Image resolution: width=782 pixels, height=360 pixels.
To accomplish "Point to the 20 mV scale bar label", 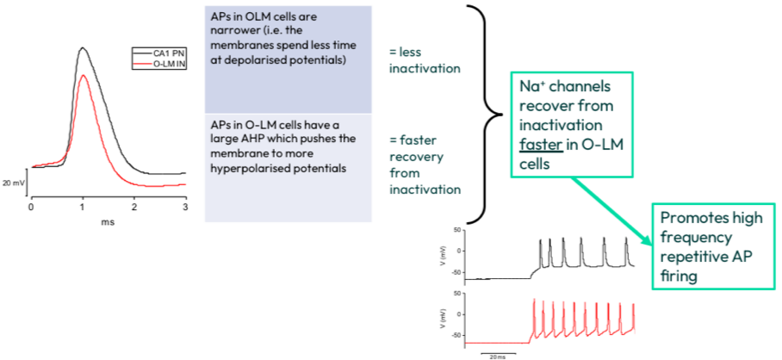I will click(12, 183).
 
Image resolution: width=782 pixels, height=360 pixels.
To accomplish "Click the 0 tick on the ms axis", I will click(32, 208).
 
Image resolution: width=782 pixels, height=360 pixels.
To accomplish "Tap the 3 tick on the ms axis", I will click(185, 208).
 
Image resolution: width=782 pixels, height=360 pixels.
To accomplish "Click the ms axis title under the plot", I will click(108, 221).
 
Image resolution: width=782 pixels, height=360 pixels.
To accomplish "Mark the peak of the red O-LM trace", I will click(83, 76).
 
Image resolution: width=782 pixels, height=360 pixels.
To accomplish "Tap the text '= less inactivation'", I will click(423, 60).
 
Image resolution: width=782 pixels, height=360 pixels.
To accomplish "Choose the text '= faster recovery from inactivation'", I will click(423, 164).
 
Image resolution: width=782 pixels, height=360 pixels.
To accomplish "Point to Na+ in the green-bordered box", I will click(529, 88).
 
